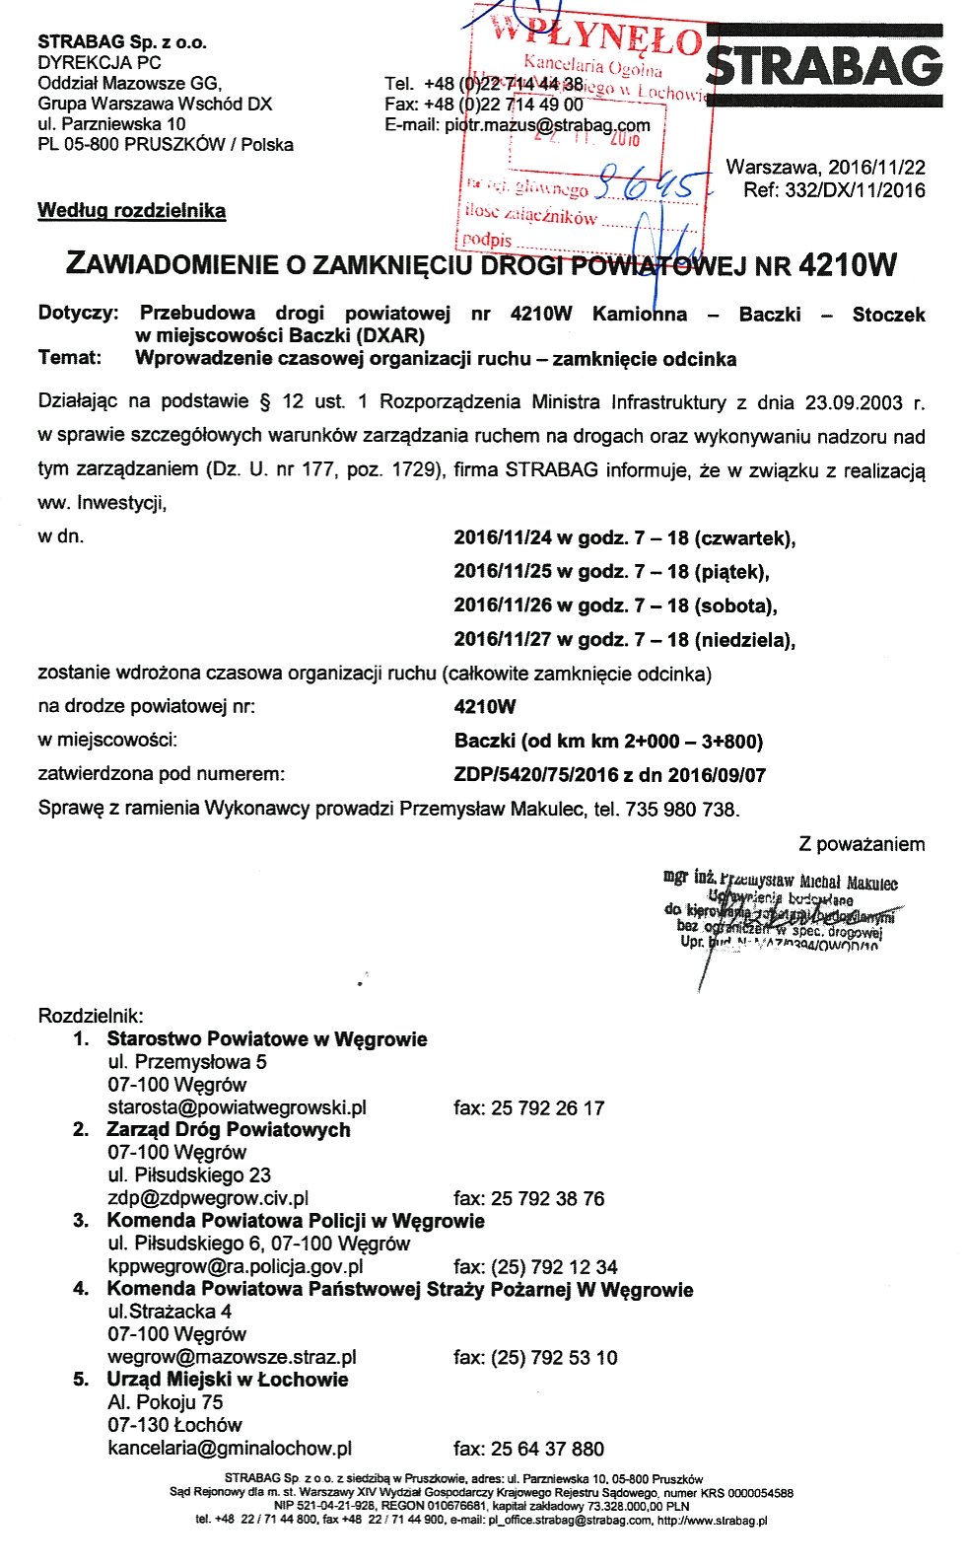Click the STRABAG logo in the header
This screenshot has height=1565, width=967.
(824, 67)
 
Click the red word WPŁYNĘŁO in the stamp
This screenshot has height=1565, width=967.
(596, 35)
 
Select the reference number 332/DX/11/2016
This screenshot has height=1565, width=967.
(855, 190)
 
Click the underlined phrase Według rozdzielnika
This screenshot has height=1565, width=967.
(131, 210)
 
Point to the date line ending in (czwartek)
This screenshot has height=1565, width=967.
(624, 537)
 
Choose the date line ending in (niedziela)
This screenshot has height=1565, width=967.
(624, 639)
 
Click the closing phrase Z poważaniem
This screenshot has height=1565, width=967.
(861, 844)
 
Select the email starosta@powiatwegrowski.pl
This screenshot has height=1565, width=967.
(237, 1107)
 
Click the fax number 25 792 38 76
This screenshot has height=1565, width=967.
(547, 1198)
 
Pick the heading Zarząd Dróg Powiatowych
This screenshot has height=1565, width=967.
(228, 1129)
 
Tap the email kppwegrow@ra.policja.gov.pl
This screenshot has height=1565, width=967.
(235, 1266)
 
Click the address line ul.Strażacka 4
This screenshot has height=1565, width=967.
(170, 1312)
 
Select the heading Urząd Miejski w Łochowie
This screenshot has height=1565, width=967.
(227, 1379)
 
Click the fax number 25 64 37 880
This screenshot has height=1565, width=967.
(547, 1449)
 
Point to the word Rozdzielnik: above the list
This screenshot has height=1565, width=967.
(91, 1016)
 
